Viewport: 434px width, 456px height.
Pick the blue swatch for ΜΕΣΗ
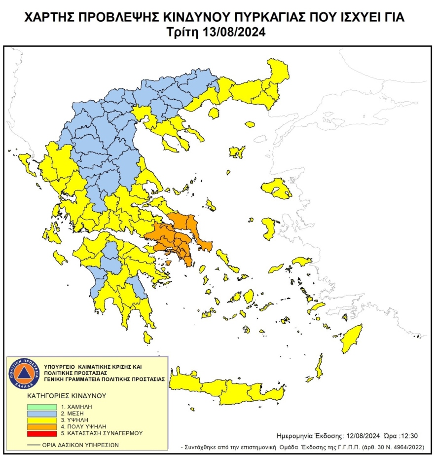click(x=41, y=412)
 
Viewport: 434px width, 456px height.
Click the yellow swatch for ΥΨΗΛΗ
click(x=41, y=419)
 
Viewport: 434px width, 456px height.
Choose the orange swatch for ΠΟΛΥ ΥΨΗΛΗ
click(x=41, y=426)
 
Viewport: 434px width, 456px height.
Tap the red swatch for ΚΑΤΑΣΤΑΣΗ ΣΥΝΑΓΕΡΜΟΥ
click(x=41, y=433)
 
